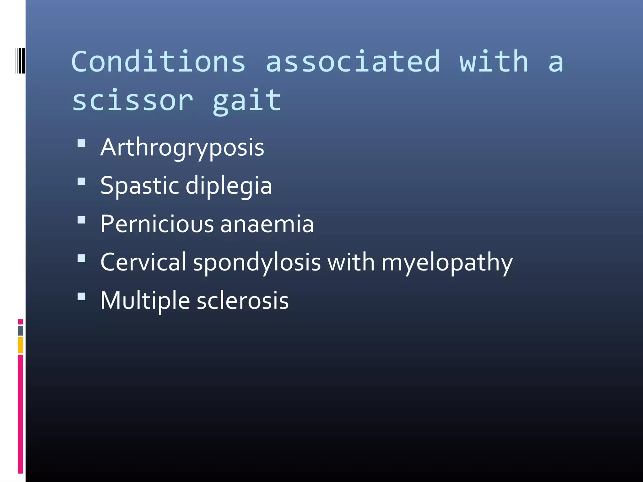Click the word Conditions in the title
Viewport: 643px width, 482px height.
158,62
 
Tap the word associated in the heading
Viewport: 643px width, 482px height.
353,62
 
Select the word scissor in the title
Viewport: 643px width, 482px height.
132,100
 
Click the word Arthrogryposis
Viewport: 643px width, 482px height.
182,147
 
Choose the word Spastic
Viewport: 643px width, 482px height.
139,186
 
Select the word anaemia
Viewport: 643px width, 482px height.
267,224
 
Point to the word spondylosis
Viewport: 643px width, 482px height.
257,263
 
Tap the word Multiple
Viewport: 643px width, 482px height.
145,301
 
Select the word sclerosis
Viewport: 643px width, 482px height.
242,301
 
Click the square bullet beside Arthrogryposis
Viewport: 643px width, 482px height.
81,143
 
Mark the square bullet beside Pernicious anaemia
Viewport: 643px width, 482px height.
81,220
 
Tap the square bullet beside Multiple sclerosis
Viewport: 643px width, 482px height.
81,297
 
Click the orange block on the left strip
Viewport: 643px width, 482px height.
20,345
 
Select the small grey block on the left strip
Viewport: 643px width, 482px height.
20,331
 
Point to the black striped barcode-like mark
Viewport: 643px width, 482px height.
20,61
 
